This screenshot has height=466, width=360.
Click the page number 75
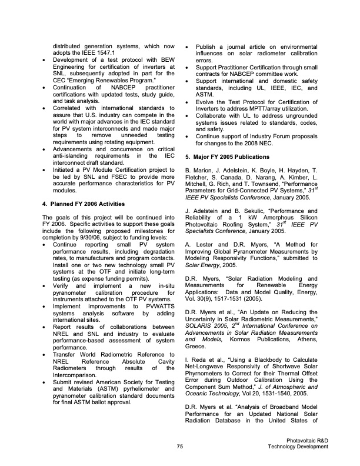(x=180, y=447)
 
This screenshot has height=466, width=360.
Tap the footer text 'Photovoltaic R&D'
(x=307, y=440)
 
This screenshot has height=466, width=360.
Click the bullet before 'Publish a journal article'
(x=186, y=46)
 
